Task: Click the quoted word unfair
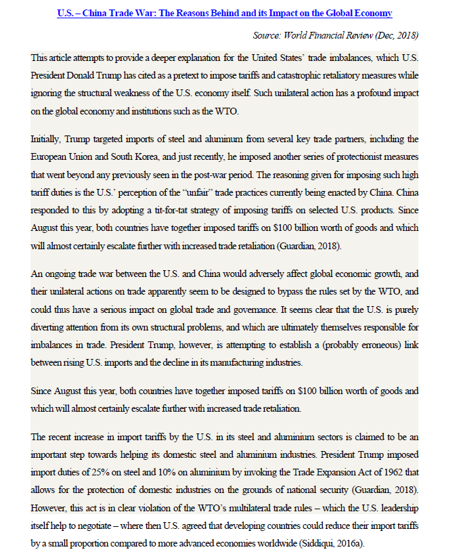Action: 204,189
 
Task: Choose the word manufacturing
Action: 246,363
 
